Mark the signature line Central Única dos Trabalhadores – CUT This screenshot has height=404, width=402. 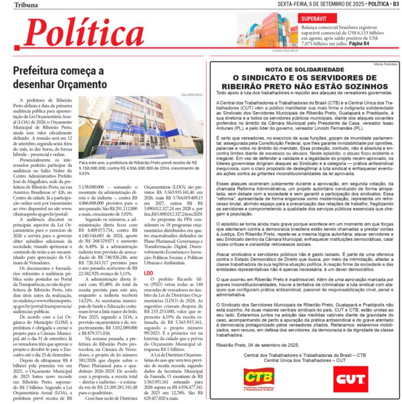point(304,361)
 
